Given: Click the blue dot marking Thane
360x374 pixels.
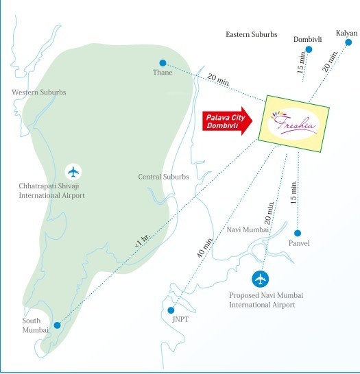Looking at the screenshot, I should pos(163,62).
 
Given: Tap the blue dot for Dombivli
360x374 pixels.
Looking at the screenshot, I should pos(303,48).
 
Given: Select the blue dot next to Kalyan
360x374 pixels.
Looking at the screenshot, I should pos(348,42).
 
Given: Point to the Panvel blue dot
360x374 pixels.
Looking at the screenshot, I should pos(298,233).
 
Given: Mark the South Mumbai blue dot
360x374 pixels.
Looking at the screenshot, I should pos(57,325).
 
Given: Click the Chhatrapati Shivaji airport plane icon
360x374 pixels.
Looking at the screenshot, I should pos(73,171).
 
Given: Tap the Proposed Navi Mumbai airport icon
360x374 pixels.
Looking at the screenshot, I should pos(261,279).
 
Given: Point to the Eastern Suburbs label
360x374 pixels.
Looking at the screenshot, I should pos(252,34).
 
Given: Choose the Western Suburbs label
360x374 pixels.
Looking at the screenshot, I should pos(39,92).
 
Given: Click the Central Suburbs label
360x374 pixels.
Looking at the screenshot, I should pos(163,177).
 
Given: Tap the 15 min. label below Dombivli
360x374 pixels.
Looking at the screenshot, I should pos(301,64).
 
